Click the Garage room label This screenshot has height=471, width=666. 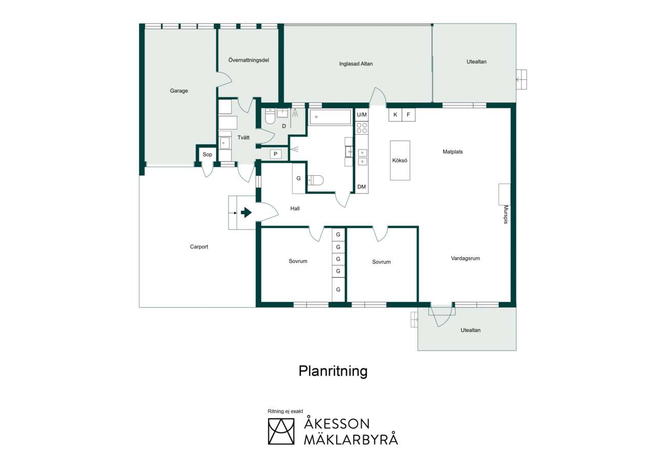click(179, 91)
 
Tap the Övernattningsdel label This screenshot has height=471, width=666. click(248, 60)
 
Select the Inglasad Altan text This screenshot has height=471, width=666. click(356, 64)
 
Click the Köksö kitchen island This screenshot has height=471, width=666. click(400, 160)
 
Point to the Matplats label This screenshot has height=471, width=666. click(452, 152)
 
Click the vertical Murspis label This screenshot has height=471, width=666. click(506, 214)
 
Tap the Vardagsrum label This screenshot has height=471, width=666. click(465, 258)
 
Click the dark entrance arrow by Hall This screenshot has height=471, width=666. click(246, 213)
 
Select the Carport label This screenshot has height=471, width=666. click(199, 247)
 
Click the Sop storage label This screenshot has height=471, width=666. click(207, 155)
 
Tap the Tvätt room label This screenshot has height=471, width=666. click(243, 138)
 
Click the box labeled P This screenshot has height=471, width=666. click(276, 154)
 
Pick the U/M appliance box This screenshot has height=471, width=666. click(362, 115)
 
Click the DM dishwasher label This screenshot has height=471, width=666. click(362, 187)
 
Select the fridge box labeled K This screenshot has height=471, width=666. click(396, 115)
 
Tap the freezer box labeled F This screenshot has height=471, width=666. click(408, 115)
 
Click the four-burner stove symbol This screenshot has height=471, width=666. click(362, 128)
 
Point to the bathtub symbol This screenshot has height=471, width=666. click(330, 117)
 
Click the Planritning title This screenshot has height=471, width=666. click(333, 372)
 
